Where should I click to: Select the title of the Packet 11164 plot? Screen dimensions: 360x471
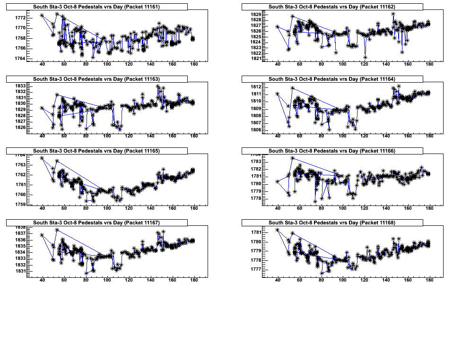tap(332, 79)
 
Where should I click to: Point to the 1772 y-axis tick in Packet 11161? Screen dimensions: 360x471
tap(20, 18)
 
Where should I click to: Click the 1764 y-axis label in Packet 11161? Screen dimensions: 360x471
tap(20, 59)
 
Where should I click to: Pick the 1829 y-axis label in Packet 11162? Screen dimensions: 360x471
tap(256, 15)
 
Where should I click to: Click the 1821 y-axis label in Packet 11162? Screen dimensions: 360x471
tap(256, 59)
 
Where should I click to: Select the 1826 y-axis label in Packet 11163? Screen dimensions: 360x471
tap(20, 128)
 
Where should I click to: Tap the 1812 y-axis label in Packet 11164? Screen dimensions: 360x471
tap(256, 87)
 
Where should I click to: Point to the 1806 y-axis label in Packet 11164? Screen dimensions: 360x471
tap(256, 130)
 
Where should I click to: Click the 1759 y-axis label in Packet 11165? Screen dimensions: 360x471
tap(20, 205)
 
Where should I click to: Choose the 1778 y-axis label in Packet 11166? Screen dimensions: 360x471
tap(256, 198)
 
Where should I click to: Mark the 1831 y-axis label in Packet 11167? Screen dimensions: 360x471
tap(20, 271)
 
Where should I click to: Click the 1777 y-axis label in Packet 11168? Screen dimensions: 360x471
tap(256, 269)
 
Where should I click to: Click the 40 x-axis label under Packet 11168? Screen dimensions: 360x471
tap(278, 280)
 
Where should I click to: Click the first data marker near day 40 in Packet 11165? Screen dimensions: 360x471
tap(42, 158)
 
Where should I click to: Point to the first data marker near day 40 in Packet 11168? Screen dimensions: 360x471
tap(278, 230)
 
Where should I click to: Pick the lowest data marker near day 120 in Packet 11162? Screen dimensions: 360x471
tap(366, 58)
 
